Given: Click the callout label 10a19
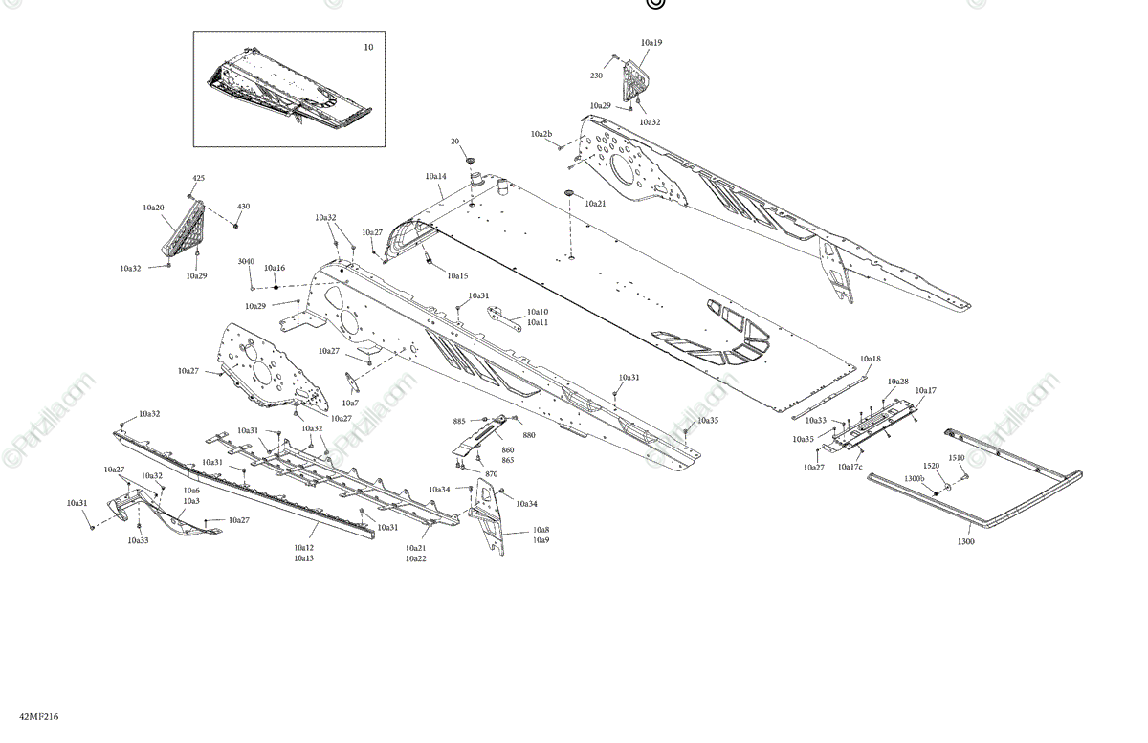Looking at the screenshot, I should pyautogui.click(x=651, y=43).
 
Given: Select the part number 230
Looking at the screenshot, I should pyautogui.click(x=596, y=76).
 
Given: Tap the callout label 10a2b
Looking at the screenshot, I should pyautogui.click(x=541, y=135).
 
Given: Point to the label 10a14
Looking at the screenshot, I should pyautogui.click(x=435, y=177).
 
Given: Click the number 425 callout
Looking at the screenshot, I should pyautogui.click(x=199, y=179).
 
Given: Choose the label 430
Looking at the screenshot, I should pyautogui.click(x=244, y=207).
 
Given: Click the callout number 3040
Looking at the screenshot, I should pyautogui.click(x=246, y=261).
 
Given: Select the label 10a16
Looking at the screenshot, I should pyautogui.click(x=276, y=269).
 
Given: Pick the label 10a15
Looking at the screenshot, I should pyautogui.click(x=457, y=276).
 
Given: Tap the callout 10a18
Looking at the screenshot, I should pyautogui.click(x=870, y=359).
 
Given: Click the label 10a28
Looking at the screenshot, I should pyautogui.click(x=897, y=382).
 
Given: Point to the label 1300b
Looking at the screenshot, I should pyautogui.click(x=915, y=478).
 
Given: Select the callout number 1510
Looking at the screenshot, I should pyautogui.click(x=957, y=458).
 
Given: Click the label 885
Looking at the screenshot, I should pyautogui.click(x=459, y=422).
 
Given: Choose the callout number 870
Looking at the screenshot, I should pyautogui.click(x=492, y=474).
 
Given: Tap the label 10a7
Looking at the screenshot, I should pyautogui.click(x=350, y=403).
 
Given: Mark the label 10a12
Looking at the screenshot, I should pyautogui.click(x=304, y=548).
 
